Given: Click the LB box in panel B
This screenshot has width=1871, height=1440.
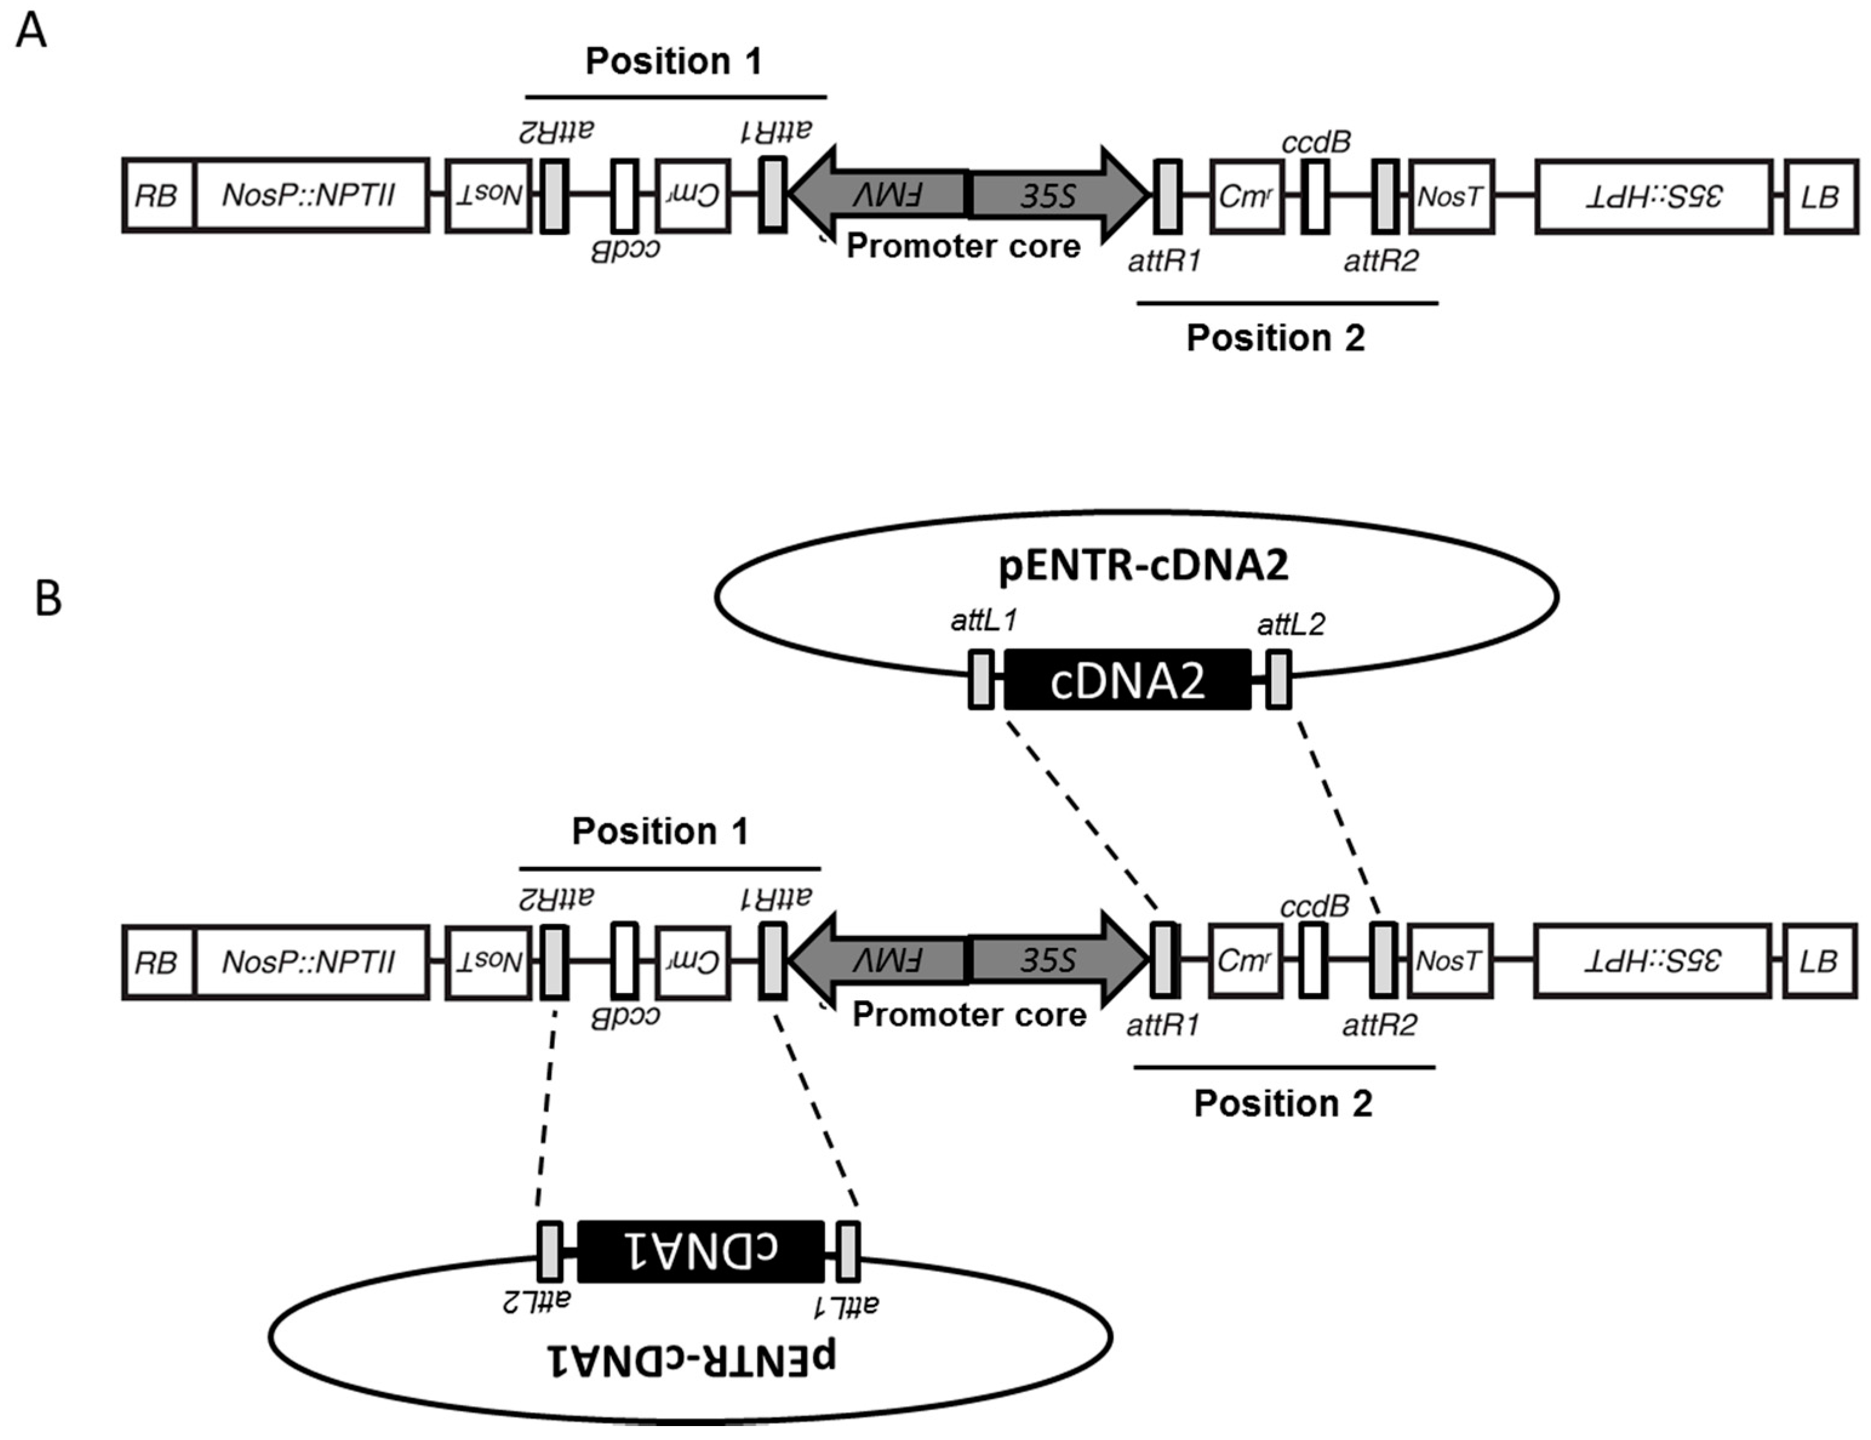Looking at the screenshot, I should (x=1819, y=961).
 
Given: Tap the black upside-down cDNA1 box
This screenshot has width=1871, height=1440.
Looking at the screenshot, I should (x=701, y=1250).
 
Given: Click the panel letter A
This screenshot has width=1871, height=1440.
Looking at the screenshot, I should (x=32, y=33).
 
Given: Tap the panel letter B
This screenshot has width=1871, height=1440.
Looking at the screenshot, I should (x=48, y=597).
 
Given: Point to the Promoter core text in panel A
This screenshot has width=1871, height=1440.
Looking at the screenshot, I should (x=963, y=247).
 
